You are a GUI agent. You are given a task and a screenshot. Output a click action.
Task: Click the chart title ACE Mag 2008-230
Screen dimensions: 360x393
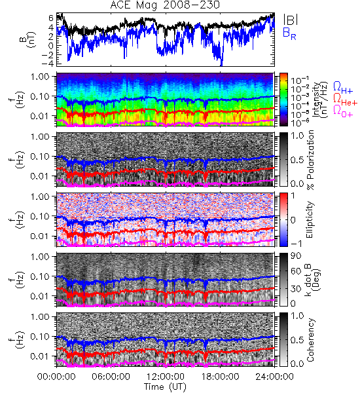[165, 5]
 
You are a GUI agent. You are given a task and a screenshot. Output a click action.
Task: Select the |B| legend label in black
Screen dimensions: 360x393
[291, 20]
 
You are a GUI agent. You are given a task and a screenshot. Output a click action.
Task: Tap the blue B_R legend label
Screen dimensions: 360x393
[289, 34]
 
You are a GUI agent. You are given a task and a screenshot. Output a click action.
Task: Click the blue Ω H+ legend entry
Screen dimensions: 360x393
[343, 88]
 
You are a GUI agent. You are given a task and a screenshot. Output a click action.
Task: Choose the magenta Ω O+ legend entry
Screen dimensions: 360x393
[343, 111]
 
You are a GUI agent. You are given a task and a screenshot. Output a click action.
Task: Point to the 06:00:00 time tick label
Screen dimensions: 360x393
[111, 377]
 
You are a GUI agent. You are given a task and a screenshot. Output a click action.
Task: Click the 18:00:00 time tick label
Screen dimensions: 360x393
[220, 377]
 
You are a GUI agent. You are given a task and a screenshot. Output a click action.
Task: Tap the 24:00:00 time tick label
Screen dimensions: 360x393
[274, 377]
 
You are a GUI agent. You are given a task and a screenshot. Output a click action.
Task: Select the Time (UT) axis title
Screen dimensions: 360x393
[165, 387]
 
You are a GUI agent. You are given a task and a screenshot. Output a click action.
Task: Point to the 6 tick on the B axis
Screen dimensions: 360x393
[51, 18]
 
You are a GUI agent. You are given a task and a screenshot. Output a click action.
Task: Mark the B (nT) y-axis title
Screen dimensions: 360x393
[28, 39]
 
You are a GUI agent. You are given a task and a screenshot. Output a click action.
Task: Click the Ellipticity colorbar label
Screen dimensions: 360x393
[310, 219]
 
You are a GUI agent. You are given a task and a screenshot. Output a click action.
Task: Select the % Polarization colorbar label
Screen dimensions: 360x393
[310, 160]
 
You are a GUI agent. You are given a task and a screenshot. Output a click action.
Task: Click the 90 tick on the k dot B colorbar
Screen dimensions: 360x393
[296, 256]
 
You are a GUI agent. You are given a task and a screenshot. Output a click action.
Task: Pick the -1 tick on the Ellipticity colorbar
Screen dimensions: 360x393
[296, 244]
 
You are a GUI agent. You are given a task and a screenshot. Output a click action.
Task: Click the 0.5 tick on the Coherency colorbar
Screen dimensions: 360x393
[297, 340]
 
